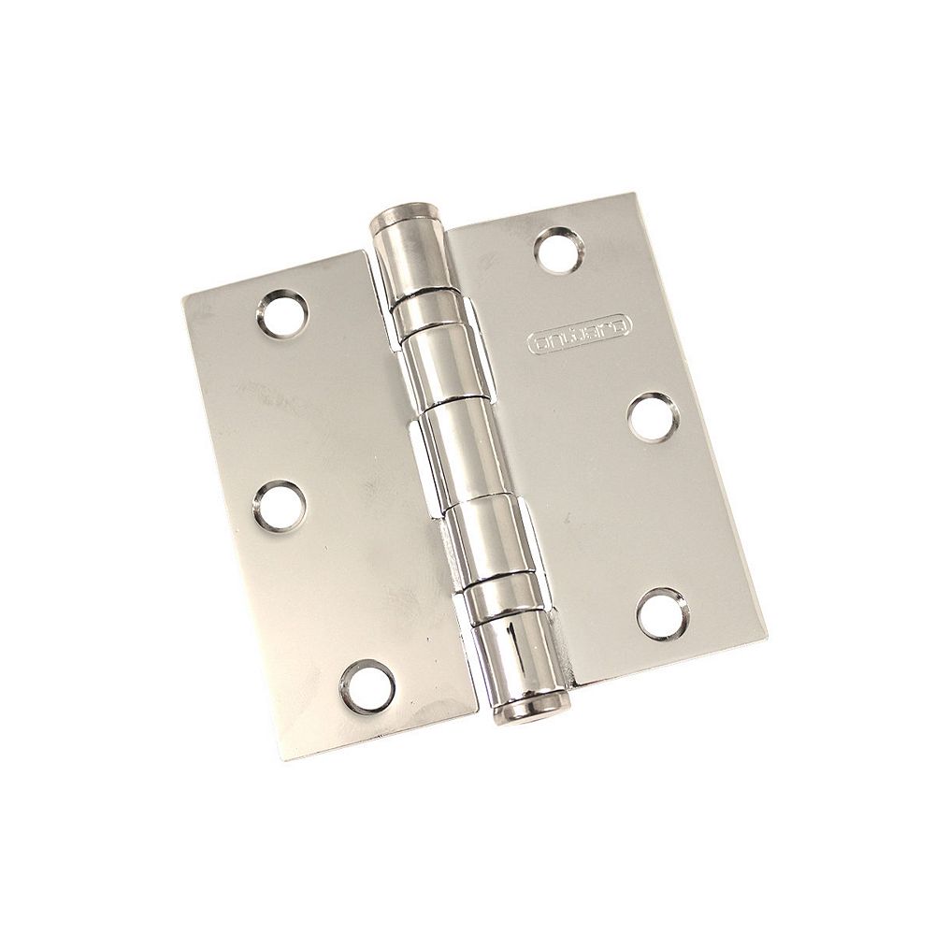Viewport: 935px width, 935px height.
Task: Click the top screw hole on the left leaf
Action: click(x=280, y=317)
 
